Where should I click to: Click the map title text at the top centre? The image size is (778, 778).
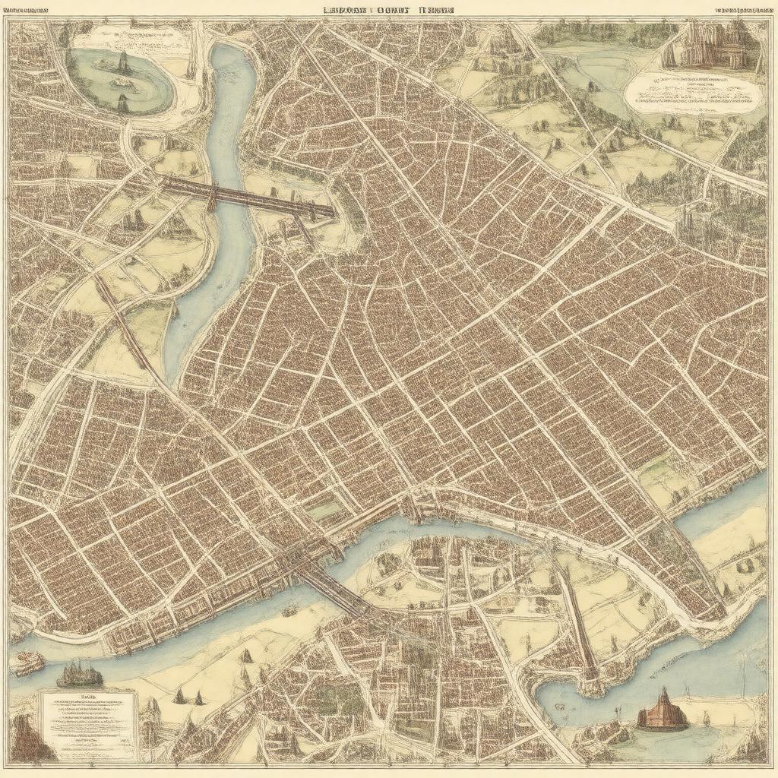388,10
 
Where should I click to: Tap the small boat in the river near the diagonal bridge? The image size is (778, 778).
289,610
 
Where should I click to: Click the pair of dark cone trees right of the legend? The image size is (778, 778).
188,696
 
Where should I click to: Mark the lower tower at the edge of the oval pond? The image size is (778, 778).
122,103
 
